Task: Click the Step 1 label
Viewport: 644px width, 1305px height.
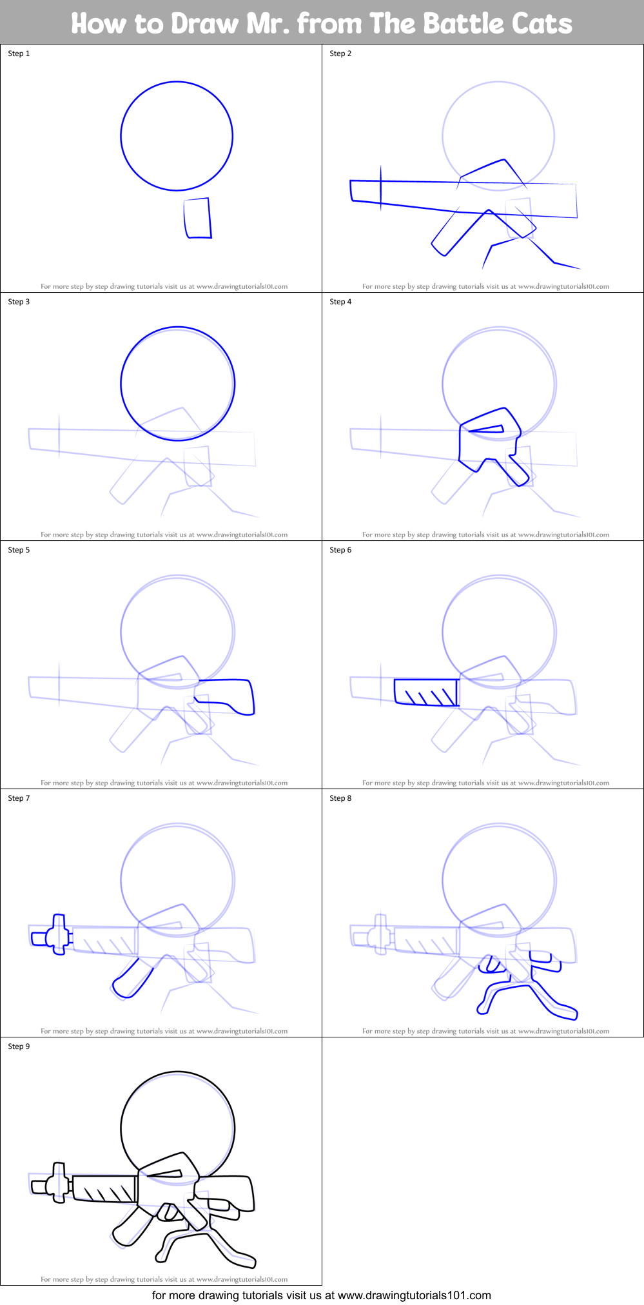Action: point(19,54)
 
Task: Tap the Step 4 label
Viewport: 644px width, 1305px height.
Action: point(340,302)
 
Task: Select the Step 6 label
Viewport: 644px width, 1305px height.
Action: point(340,550)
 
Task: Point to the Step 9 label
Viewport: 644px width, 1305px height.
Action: point(19,1046)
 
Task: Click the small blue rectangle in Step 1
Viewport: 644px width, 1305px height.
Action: point(198,219)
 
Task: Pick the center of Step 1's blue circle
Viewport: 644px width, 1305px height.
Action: point(177,136)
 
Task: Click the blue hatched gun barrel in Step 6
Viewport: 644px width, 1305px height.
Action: point(426,692)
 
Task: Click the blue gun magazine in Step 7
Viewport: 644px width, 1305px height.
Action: point(132,979)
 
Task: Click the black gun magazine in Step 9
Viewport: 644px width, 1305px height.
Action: point(132,1228)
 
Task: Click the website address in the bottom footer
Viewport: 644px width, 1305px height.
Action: point(414,1295)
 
